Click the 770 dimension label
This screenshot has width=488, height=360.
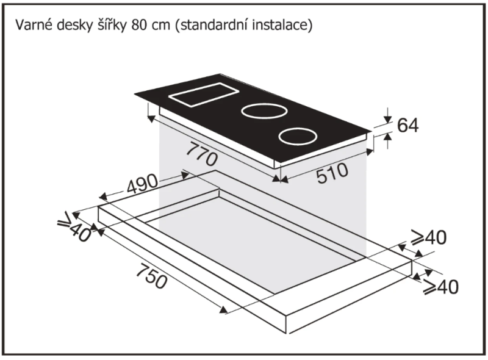(201, 154)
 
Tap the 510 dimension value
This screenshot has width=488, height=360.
(332, 173)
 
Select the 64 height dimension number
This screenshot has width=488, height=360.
(408, 125)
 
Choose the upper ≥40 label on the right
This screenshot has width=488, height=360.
(428, 237)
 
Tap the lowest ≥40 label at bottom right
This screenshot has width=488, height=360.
(440, 287)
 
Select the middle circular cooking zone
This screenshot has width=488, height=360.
(264, 112)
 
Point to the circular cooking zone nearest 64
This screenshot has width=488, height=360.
(298, 137)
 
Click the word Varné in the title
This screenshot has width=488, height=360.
(34, 24)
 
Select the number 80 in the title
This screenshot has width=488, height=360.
(140, 25)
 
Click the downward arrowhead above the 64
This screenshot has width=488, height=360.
(387, 119)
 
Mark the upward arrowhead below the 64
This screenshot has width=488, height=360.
(387, 136)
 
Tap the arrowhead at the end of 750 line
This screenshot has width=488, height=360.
(223, 310)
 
